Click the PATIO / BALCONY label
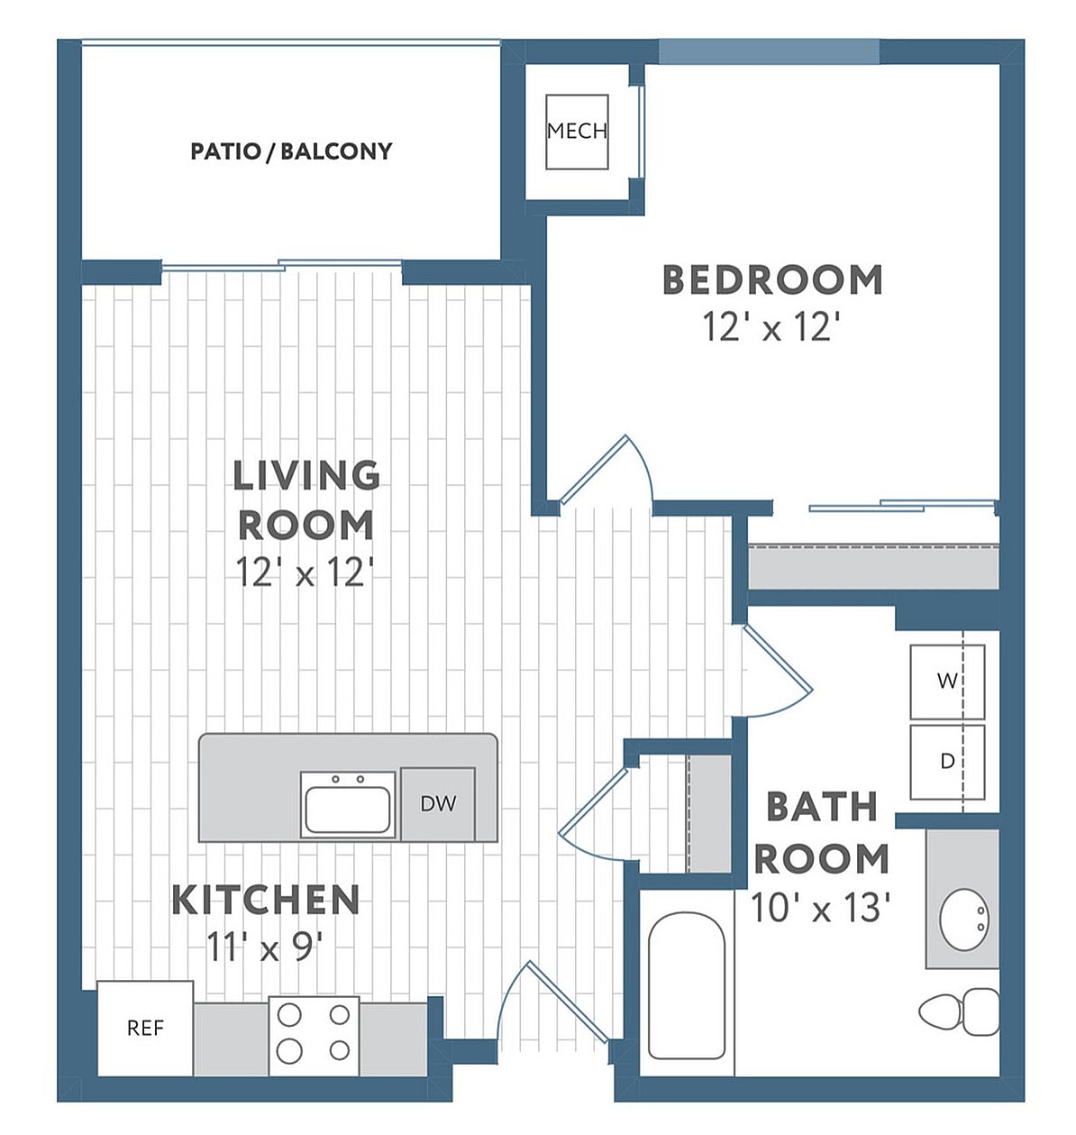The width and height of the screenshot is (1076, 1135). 291,151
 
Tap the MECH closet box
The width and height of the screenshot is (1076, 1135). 577,132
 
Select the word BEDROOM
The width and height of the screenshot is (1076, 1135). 772,279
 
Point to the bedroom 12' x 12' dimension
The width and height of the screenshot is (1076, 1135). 771,327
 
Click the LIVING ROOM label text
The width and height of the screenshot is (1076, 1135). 305,499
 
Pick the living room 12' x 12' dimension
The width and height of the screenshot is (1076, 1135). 305,572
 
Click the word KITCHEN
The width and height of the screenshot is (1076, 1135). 266,900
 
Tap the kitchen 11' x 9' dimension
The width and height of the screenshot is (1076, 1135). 265,947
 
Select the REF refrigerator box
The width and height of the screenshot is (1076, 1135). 145,1028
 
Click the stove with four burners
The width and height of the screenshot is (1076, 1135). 314,1034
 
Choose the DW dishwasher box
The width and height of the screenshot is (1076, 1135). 438,803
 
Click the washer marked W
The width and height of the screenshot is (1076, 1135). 946,682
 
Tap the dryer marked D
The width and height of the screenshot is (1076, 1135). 946,762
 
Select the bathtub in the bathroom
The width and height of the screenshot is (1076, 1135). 687,987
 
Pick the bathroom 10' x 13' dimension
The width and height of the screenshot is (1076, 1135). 821,909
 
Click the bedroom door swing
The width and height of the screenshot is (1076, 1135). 604,471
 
